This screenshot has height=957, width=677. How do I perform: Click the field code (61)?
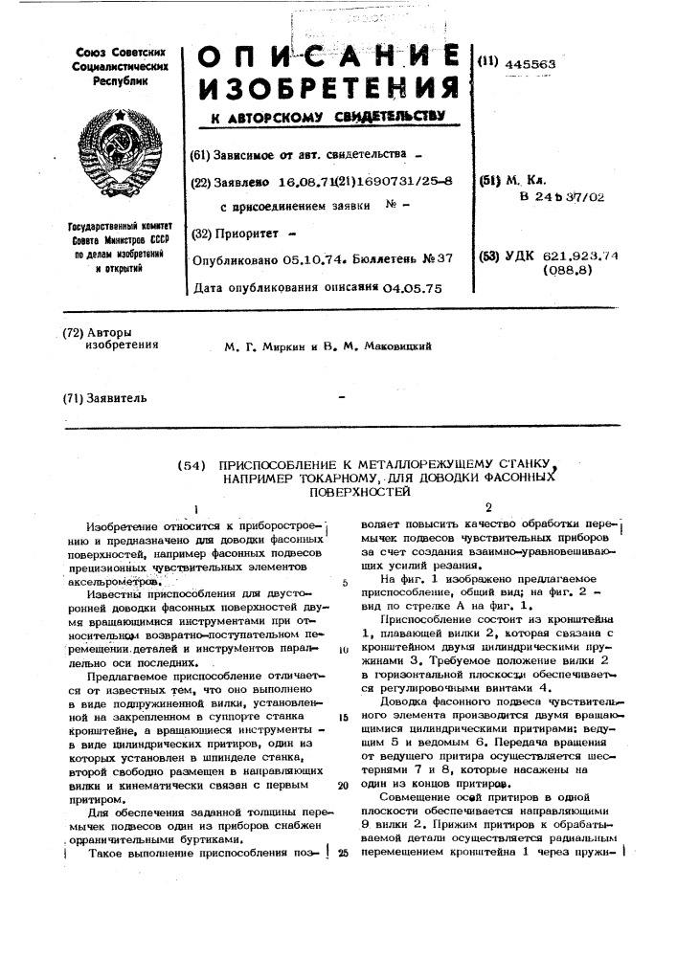(200, 154)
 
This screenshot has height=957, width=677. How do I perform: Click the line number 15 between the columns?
(342, 717)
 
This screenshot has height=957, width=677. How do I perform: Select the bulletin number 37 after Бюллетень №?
(443, 258)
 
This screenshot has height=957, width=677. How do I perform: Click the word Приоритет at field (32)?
(248, 233)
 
